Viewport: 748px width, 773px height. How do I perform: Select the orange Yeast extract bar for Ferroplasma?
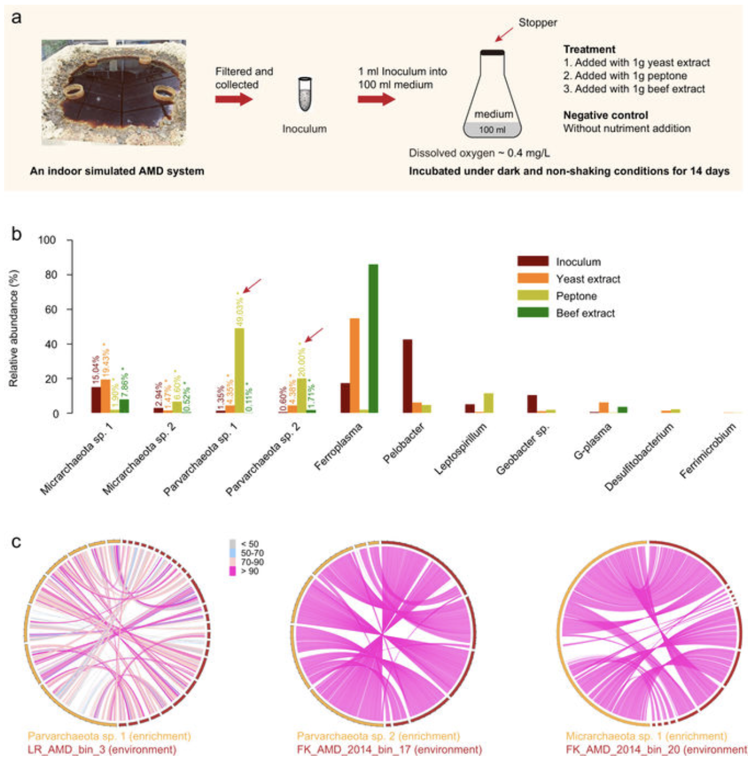click(355, 365)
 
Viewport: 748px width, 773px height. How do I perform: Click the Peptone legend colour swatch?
click(532, 296)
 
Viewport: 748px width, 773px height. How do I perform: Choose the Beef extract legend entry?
click(585, 313)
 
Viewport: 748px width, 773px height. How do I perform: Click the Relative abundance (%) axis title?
click(14, 328)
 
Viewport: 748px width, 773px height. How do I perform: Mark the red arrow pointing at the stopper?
click(504, 34)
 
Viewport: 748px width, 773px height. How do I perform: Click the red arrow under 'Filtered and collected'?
click(234, 99)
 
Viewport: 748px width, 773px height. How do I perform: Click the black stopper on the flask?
click(492, 53)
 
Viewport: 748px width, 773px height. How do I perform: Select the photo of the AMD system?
click(114, 93)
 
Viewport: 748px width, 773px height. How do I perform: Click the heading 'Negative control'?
click(605, 115)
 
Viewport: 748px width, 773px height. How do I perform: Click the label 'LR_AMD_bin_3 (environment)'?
click(102, 749)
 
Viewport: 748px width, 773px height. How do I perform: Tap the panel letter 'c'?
click(17, 541)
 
